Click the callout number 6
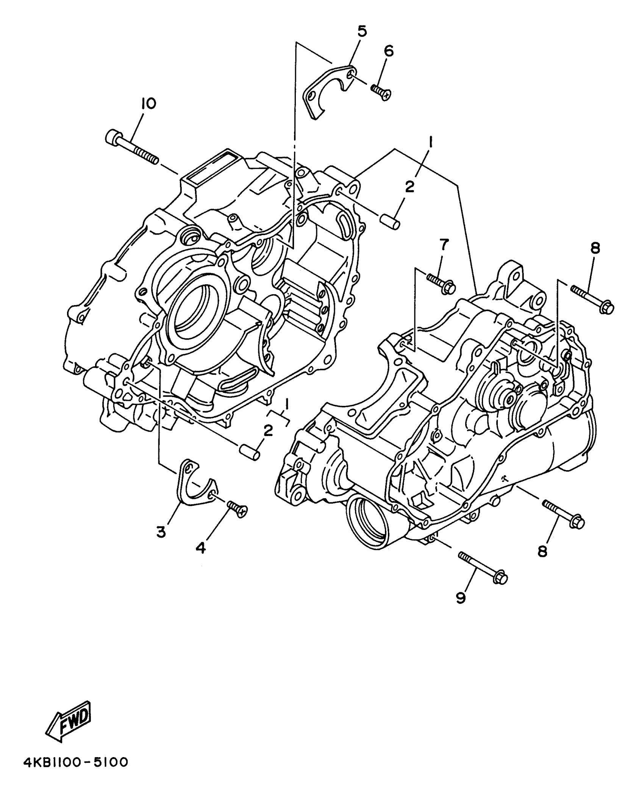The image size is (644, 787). coord(389,51)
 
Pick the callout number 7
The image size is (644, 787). coord(444,245)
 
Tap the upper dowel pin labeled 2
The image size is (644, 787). coord(389,221)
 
